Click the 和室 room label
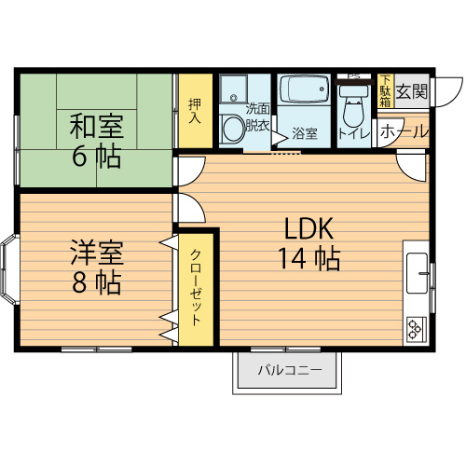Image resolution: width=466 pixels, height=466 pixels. pos(97,127)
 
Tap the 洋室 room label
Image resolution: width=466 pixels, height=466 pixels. pos(97,253)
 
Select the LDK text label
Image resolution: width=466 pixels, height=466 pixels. pos(309,228)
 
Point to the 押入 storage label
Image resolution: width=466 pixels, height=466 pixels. pos(195,111)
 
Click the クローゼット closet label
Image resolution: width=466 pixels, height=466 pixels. pos(196,287)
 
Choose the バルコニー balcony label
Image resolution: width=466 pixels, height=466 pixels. pos(290,370)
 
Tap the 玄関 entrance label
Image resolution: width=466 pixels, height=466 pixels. pos(412,91)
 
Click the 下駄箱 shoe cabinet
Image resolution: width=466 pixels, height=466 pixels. pos(386,90)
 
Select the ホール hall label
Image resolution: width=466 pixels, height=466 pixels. pos(404,131)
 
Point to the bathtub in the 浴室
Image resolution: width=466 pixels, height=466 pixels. pos(304,89)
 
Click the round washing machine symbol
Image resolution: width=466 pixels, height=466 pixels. pos(233,129)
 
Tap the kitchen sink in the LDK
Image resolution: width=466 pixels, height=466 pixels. pos(418,273)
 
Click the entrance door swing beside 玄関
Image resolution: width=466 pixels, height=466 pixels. pos(446,92)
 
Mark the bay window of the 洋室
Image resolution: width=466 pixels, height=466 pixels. pos(10,268)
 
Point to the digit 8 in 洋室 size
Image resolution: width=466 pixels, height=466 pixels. pos(79,283)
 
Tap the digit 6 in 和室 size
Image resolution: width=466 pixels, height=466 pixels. pos(79,156)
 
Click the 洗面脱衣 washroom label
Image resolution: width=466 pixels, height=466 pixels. pos(257,118)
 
